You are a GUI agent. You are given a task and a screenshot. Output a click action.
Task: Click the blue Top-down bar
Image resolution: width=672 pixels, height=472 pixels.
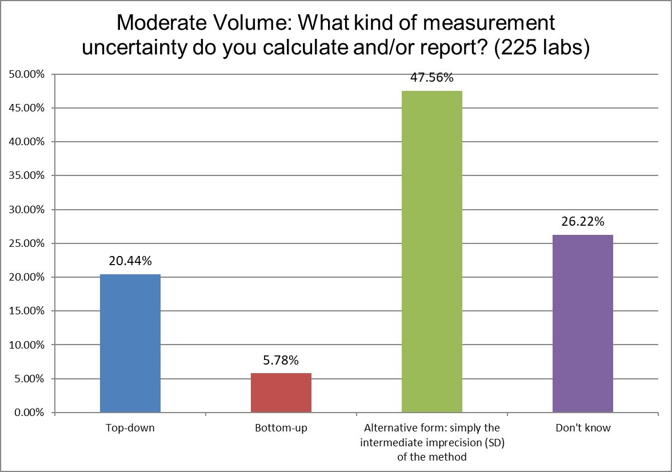pos(130,343)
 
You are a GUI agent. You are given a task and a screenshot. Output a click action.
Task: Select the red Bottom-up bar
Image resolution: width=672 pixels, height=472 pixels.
pos(281,393)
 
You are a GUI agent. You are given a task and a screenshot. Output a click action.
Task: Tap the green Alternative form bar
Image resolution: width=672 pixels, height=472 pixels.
pos(432,251)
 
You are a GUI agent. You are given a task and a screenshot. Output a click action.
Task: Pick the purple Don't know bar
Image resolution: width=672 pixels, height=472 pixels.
pos(583,323)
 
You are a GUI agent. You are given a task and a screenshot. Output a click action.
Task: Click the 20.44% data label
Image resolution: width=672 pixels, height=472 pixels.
pos(130,262)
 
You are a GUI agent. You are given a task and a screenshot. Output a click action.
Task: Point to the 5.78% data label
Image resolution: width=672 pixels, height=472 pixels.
pos(281,361)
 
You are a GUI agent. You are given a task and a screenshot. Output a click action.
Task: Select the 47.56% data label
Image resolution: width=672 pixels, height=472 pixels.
pos(432,78)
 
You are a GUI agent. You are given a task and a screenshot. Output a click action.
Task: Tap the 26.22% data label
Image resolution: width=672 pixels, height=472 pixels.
pos(583,222)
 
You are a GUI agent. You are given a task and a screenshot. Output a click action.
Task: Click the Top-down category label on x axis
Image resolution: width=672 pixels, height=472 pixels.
pos(130,428)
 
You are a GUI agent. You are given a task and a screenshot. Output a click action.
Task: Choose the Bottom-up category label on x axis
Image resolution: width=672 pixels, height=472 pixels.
pos(281,428)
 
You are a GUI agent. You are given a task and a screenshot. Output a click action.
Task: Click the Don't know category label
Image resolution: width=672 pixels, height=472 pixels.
pos(583,428)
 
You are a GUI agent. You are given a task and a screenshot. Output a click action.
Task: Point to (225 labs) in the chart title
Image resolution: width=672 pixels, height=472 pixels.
pos(541,48)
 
